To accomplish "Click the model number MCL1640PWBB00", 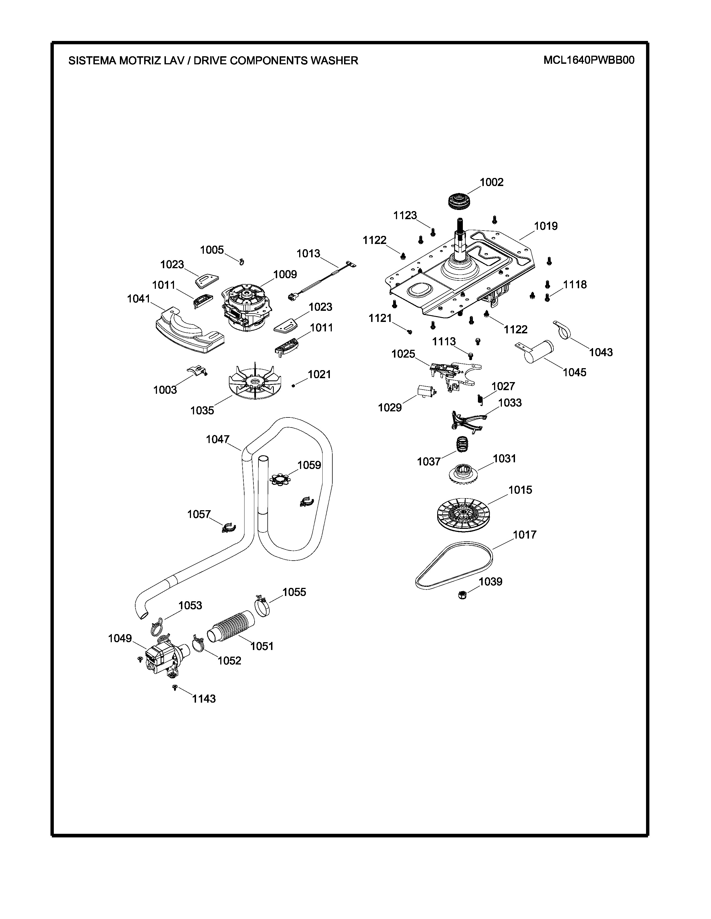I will click(588, 60).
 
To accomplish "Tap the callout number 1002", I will click(492, 182).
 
